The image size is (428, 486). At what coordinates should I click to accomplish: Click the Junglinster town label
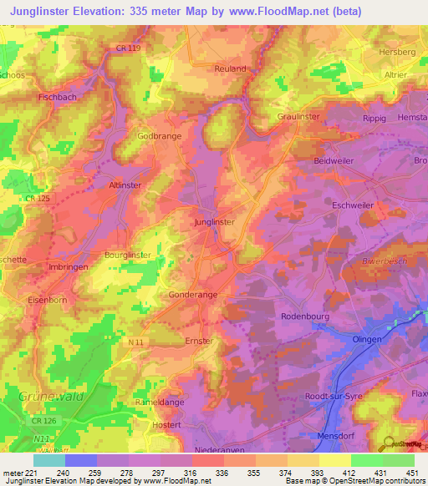pos(213,222)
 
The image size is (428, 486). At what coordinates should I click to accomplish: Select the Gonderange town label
pos(170,296)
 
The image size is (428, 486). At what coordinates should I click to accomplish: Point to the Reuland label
pos(230,68)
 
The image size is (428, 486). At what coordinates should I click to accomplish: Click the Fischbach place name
pos(58,98)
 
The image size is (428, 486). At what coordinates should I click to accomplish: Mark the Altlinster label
pos(126,185)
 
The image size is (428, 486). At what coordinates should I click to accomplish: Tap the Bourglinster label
pos(128,255)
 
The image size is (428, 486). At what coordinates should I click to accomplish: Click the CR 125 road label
pos(37,198)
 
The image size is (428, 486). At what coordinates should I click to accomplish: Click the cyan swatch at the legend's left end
pos(48,460)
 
